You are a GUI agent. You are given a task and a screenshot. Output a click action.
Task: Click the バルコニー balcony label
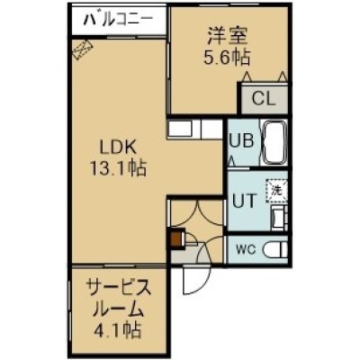[x=118, y=21]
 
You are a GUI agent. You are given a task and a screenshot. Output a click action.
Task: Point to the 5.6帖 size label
[x=227, y=57]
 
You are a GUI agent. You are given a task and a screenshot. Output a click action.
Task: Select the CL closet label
[x=264, y=98]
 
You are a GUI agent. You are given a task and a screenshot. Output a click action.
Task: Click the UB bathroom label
[x=241, y=140]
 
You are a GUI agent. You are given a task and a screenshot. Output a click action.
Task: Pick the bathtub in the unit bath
[x=274, y=142]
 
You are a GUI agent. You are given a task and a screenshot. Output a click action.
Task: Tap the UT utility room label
[x=245, y=201]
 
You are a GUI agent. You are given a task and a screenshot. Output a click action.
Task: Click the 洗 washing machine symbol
[x=276, y=191]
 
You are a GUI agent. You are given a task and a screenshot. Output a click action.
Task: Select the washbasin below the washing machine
[x=279, y=218]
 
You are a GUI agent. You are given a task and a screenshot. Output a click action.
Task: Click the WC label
[x=246, y=249]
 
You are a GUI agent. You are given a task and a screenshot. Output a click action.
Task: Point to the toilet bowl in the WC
[x=274, y=249]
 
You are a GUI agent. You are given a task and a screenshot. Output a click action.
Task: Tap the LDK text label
[x=118, y=148]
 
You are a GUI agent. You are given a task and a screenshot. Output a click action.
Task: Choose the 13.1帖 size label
[x=117, y=168]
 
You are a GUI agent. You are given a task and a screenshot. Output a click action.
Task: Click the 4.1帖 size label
[x=118, y=330]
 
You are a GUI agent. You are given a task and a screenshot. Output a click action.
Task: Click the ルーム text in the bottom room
[x=118, y=309]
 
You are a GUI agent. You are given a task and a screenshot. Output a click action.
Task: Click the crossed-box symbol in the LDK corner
[x=83, y=49]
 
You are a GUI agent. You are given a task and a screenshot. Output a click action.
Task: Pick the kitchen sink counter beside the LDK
[x=195, y=130]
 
